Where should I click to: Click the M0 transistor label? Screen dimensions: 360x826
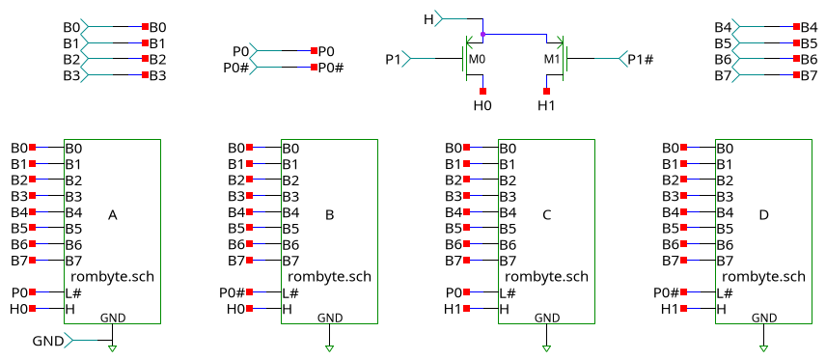pos(476,60)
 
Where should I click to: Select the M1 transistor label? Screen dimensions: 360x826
pos(552,60)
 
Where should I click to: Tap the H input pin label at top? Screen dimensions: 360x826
pos(428,18)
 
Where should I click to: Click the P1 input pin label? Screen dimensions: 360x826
pos(393,60)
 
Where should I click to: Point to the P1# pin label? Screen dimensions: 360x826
pos(641,60)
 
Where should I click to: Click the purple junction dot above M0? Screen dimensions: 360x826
pos(482,35)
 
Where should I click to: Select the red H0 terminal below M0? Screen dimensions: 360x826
pos(482,91)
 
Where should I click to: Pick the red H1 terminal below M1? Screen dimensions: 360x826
pos(546,91)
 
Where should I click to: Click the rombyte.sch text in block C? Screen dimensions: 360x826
pos(546,276)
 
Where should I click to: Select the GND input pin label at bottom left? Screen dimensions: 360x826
pos(48,341)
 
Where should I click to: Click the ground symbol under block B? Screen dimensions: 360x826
pos(329,348)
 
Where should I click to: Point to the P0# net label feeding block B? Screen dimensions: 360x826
pos(232,292)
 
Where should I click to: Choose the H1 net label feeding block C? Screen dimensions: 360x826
pos(452,309)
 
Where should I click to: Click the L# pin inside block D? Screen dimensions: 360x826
pos(724,292)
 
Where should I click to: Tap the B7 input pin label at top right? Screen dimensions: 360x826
pos(723,75)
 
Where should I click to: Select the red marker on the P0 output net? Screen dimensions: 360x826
pos(314,51)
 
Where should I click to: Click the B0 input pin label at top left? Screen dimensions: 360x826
pos(71,27)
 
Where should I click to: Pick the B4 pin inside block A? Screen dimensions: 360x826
pos(73,211)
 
